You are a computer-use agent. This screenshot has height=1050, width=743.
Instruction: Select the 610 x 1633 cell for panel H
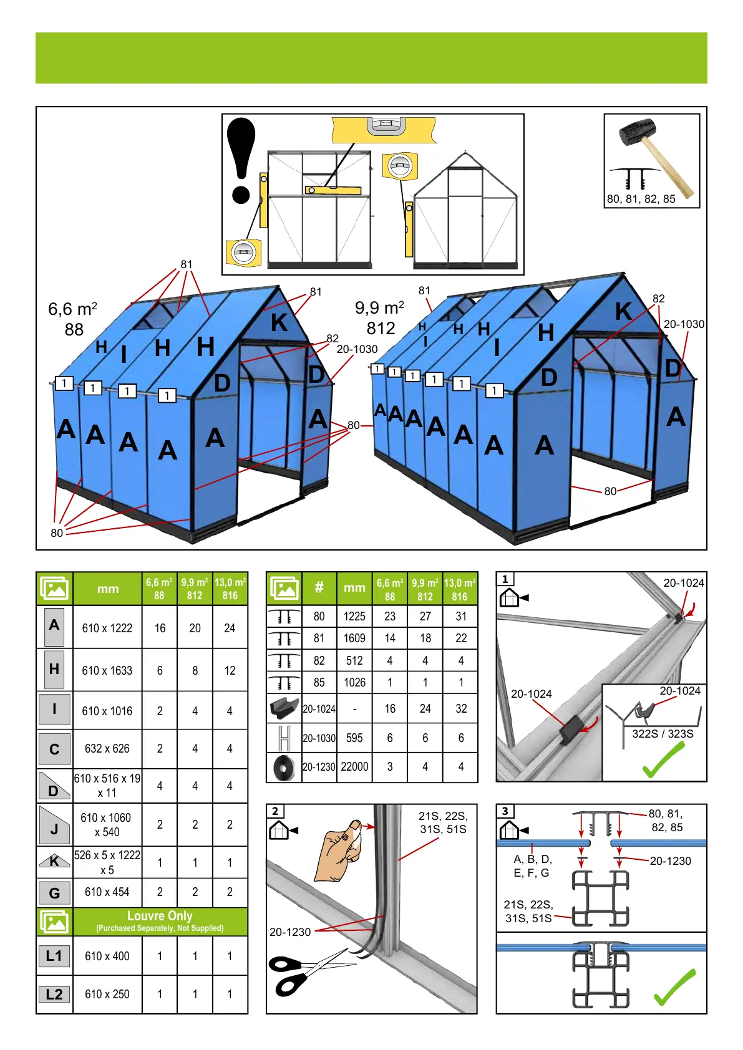pyautogui.click(x=107, y=671)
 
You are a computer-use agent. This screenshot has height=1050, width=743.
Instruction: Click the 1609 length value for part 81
pyautogui.click(x=354, y=638)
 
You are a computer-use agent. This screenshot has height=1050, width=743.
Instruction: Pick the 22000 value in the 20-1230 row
pyautogui.click(x=354, y=767)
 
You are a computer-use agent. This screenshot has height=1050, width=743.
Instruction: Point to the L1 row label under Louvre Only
pyautogui.click(x=54, y=956)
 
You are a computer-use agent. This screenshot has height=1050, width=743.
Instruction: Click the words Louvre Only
pyautogui.click(x=160, y=916)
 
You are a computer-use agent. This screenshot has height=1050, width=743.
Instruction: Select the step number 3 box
pyautogui.click(x=505, y=811)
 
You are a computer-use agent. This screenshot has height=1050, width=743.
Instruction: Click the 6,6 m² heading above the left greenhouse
pyautogui.click(x=72, y=309)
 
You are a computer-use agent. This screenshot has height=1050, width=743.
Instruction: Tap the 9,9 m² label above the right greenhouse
pyautogui.click(x=379, y=308)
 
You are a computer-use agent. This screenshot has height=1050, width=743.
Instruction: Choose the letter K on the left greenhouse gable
pyautogui.click(x=279, y=323)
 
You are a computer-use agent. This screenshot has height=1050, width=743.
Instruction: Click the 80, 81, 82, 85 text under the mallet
pyautogui.click(x=641, y=200)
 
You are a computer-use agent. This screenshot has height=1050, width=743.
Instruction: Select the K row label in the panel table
pyautogui.click(x=54, y=862)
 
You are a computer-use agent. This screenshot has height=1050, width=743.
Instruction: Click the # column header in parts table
pyautogui.click(x=319, y=587)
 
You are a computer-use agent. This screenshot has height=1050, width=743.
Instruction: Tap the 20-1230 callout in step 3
pyautogui.click(x=670, y=861)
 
